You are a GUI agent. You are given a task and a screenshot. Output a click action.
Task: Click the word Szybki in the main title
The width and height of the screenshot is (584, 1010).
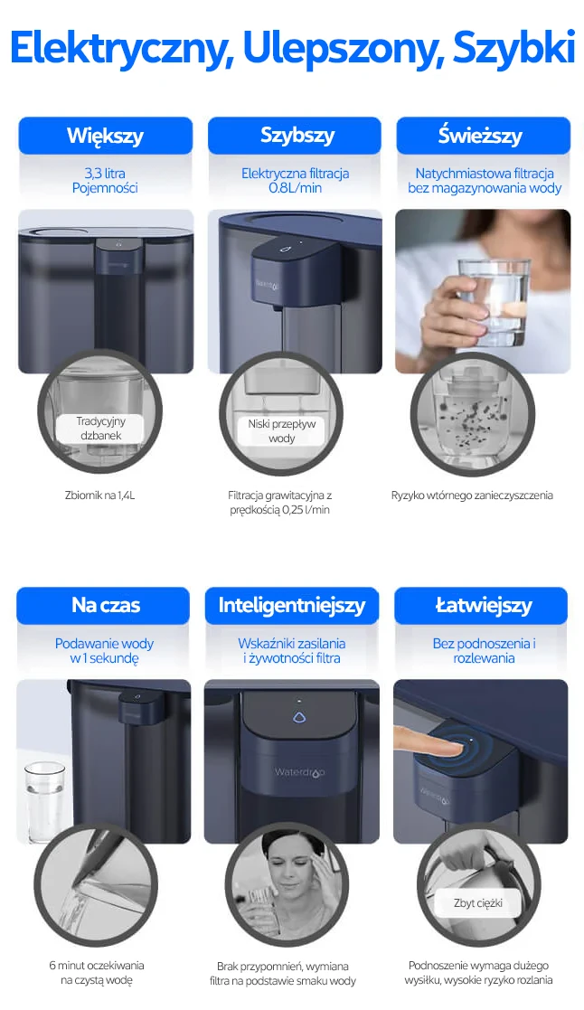coord(513,48)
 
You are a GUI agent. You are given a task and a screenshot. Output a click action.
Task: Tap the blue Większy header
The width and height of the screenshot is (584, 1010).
coord(106,136)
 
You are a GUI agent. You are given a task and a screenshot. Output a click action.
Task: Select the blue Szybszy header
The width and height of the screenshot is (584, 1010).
coord(295,136)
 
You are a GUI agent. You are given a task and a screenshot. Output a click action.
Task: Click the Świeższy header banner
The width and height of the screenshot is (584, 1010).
coord(484,136)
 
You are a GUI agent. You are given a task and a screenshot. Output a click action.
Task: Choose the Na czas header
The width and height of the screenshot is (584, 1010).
coord(104,606)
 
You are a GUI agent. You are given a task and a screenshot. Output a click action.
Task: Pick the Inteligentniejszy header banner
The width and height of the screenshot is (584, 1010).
coord(292,606)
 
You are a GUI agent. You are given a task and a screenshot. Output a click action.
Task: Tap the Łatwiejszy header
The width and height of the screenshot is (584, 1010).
coord(481,606)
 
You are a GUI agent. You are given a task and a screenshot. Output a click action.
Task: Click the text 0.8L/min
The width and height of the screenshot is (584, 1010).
coord(295,188)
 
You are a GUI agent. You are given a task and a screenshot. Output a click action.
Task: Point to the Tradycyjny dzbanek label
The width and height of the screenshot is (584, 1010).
coord(99,429)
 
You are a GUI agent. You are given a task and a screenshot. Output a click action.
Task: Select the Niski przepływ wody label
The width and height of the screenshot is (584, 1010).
coord(281,431)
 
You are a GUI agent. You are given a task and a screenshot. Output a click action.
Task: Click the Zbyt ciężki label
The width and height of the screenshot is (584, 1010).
coord(477,903)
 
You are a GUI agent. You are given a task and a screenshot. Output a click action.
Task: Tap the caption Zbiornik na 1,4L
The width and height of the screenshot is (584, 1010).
coord(99,496)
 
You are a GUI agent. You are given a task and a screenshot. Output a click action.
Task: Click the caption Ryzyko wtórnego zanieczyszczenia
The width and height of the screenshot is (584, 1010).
coord(472,496)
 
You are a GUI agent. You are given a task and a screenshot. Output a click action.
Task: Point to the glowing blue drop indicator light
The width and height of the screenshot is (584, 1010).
coord(298,717)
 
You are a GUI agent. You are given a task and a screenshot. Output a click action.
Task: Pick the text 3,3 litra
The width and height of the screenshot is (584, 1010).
coord(105,174)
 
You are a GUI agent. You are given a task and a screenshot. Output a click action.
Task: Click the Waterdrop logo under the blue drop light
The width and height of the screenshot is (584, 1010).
coord(298,772)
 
